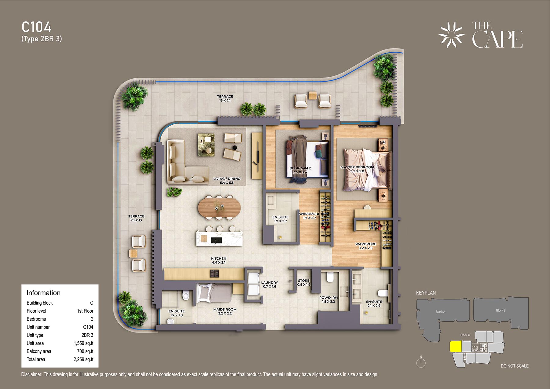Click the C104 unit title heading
[36, 27]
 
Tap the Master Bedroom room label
[357, 169]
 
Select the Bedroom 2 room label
[300, 170]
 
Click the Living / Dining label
[227, 181]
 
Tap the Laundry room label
[269, 284]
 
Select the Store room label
[304, 282]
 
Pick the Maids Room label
[225, 311]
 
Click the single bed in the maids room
[214, 293]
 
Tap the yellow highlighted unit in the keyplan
[456, 347]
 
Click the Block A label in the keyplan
[440, 312]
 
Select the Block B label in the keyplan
[501, 310]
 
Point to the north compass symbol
[421, 362]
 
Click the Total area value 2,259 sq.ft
[83, 359]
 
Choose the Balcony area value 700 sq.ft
[85, 351]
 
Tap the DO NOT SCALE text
[515, 366]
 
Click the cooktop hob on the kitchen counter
[214, 273]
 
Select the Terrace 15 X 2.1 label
[225, 98]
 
